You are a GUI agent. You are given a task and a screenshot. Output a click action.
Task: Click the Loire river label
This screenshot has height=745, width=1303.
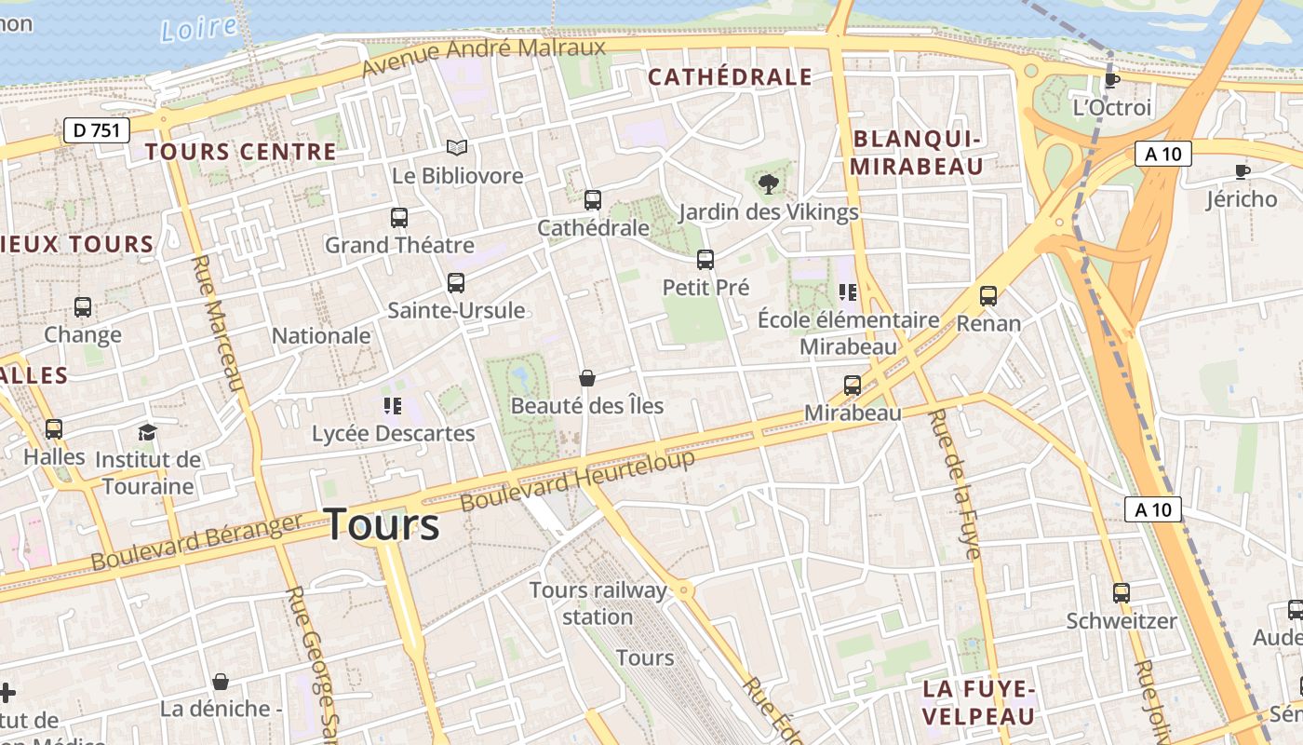coord(198,28)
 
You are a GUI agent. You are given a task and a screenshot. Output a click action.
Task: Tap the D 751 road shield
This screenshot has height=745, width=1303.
coord(97,130)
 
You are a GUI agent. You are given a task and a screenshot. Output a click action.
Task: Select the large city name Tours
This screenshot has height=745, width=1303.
coord(382,524)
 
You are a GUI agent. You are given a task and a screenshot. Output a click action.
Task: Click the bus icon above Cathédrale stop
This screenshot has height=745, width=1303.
coord(593,199)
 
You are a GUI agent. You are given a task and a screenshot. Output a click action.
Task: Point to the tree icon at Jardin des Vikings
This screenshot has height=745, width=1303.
coord(769,183)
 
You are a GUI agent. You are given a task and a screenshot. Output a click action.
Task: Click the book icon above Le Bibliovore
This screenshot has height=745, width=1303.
coord(456,147)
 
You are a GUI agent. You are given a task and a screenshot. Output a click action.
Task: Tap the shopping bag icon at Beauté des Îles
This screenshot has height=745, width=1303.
coord(587,377)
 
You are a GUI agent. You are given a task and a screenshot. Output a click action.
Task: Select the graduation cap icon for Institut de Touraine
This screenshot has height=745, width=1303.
coord(148,431)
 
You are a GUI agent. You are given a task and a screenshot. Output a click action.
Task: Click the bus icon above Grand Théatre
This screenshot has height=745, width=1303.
coord(399,217)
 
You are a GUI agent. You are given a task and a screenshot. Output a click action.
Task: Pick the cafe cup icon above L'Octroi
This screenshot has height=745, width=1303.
coord(1111,79)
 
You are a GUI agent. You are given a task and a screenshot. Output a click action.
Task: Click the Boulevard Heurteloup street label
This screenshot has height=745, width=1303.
coord(578,481)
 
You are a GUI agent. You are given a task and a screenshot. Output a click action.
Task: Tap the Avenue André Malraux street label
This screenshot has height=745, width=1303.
coord(483,58)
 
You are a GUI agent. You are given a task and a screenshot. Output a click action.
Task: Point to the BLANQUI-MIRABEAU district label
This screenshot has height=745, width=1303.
coord(918,153)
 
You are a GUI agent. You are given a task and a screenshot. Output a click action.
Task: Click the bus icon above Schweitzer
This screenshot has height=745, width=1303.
coord(1122,592)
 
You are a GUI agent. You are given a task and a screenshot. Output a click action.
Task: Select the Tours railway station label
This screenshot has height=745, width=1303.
coord(598,603)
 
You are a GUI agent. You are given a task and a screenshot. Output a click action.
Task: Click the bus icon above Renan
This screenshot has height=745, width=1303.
coord(988,296)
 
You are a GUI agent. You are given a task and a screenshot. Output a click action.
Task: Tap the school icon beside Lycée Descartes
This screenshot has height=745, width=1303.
coord(392,405)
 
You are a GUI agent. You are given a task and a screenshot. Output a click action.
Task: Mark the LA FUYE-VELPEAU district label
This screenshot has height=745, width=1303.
coord(978,702)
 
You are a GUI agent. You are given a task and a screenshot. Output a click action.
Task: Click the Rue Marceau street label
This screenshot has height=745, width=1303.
coord(218,324)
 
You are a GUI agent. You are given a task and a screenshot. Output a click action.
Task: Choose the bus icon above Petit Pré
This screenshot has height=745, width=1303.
coord(705,259)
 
